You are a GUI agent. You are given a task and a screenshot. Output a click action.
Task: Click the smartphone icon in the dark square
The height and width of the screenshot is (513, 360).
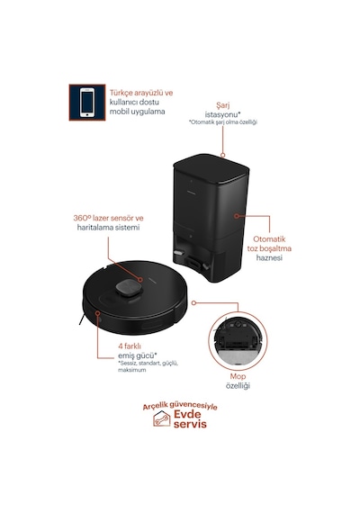tap(87, 103)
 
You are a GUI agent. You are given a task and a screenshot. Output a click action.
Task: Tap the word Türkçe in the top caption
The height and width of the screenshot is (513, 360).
tap(120, 93)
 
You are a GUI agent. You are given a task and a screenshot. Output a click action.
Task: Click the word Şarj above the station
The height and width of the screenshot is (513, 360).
tap(223, 105)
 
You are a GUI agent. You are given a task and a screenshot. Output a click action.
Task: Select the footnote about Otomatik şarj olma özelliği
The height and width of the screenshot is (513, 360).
tap(223, 122)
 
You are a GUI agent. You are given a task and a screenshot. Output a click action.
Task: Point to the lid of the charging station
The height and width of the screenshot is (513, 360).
tap(211, 167)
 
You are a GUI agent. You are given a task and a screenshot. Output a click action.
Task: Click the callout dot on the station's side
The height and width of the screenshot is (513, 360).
tap(237, 216)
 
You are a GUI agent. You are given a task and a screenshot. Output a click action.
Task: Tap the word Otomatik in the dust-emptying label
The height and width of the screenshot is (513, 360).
tap(269, 239)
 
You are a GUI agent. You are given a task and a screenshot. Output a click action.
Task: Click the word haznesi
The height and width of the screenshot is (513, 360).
tap(269, 257)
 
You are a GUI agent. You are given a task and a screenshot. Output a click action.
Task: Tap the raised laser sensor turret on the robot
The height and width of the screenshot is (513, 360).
tap(129, 288)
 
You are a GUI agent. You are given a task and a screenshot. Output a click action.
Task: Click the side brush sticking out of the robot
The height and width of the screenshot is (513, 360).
tap(82, 319)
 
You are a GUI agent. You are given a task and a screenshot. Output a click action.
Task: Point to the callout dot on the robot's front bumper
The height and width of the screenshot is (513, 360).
tap(97, 313)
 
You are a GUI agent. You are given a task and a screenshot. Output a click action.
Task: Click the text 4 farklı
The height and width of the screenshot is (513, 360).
tap(130, 346)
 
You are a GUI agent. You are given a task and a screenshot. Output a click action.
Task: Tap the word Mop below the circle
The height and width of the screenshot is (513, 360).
tap(238, 376)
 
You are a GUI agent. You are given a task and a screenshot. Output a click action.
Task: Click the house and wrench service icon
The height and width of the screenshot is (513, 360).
tap(162, 418)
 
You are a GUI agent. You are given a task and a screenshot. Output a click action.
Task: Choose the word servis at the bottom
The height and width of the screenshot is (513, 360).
tap(190, 424)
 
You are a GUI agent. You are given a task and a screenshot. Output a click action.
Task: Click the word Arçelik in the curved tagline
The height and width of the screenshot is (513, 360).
tap(155, 406)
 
